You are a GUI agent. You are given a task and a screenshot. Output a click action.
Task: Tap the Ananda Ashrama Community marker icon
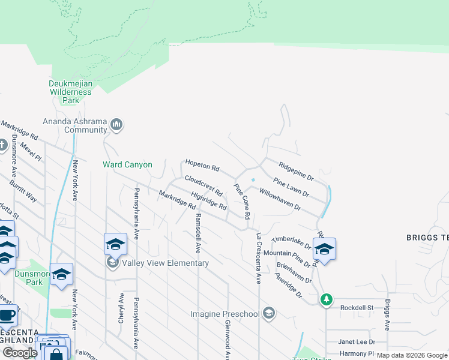click(116, 125)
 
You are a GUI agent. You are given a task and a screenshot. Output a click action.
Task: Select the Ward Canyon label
click(127, 164)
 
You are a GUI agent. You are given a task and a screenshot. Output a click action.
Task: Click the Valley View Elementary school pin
click(115, 244)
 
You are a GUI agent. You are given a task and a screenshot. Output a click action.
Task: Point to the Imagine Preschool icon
click(270, 313)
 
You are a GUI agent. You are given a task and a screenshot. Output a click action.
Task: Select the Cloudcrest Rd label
click(203, 186)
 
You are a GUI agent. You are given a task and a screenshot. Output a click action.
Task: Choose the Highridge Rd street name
click(208, 200)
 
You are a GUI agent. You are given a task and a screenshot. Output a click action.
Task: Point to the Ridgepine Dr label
click(296, 170)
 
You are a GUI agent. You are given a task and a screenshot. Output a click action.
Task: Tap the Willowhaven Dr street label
click(279, 199)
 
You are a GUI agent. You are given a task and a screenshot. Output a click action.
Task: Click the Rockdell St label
click(357, 308)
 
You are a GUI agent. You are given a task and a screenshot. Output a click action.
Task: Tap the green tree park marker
click(326, 299)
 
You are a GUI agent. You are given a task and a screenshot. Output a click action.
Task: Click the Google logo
click(19, 352)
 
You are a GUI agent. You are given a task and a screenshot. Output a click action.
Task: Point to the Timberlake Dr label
click(291, 243)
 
